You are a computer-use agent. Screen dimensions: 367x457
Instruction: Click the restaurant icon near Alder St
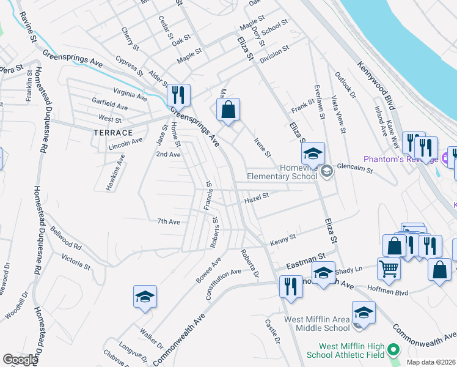(x=178, y=95)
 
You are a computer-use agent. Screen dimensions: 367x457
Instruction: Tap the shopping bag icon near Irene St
(x=228, y=110)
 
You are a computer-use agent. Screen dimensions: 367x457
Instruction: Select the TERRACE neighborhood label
(x=113, y=133)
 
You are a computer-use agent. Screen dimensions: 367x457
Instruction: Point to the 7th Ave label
(x=169, y=221)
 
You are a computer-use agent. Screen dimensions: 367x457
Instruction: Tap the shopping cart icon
(x=389, y=267)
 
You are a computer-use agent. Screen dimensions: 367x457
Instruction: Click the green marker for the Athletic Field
(x=393, y=350)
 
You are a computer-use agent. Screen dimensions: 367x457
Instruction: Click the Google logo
(x=20, y=360)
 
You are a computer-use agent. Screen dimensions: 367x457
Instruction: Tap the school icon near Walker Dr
(x=145, y=297)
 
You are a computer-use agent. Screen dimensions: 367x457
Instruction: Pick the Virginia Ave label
(x=130, y=96)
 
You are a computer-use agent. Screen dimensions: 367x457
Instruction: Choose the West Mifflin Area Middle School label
(x=316, y=324)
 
